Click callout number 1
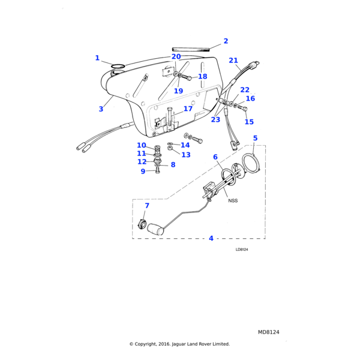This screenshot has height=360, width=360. [x=97, y=58]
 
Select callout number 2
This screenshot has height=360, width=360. [x=226, y=41]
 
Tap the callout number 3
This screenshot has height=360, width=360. [x=101, y=109]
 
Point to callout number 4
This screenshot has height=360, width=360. [x=211, y=238]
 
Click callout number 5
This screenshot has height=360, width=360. [x=255, y=138]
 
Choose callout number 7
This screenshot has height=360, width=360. [x=147, y=206]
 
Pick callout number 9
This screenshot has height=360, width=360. [x=143, y=171]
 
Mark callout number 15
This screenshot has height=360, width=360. [x=249, y=122]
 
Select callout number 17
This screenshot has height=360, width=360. [x=188, y=109]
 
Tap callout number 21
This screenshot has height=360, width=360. [x=233, y=60]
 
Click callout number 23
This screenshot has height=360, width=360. [x=215, y=119]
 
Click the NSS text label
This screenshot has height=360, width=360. [x=233, y=200]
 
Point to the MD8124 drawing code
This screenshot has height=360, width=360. [x=269, y=332]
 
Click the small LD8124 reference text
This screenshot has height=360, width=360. [x=242, y=250]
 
